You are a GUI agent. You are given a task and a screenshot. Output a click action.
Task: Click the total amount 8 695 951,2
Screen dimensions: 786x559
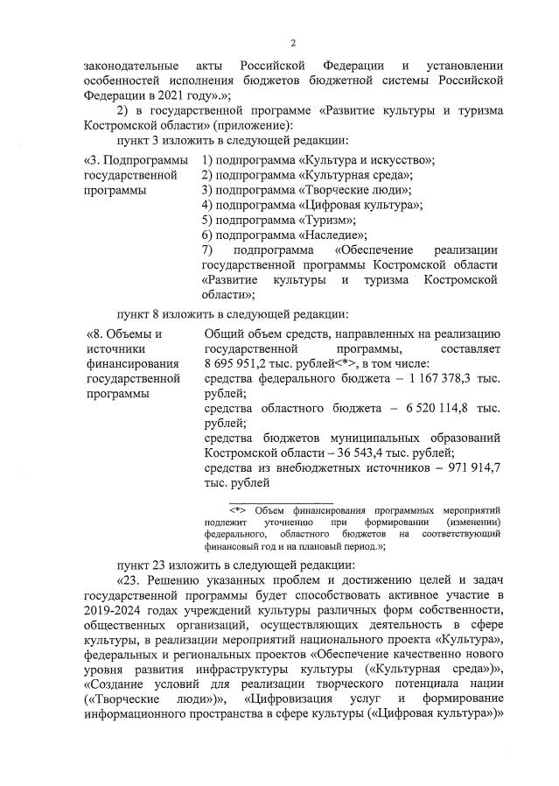(242, 363)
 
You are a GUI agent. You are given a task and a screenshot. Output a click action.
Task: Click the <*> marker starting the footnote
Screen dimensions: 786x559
(236, 509)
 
